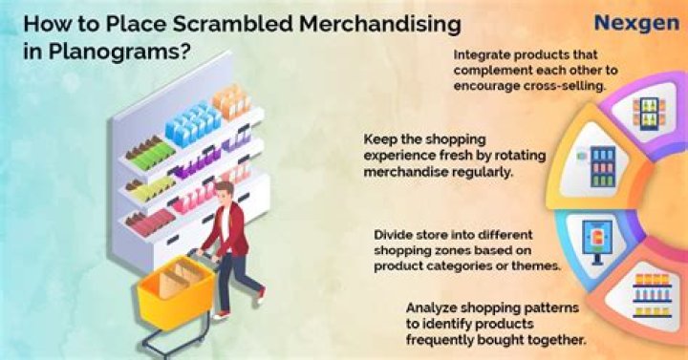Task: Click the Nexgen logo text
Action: point(636,23)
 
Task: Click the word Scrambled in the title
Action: point(232,24)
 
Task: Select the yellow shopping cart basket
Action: point(176,288)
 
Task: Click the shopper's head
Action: point(226,191)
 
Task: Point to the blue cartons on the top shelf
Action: point(193,122)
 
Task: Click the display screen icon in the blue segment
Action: point(596,241)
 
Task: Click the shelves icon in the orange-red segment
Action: point(652,295)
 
